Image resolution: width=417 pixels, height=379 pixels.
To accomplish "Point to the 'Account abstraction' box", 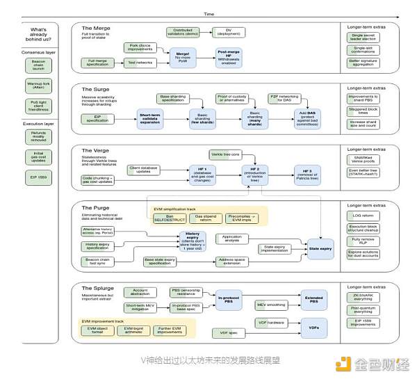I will pyautogui.click(x=140, y=293).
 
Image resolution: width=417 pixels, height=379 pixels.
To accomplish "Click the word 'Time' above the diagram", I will pyautogui.click(x=208, y=14).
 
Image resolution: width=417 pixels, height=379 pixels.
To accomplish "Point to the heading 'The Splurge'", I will pyautogui.click(x=99, y=287).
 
